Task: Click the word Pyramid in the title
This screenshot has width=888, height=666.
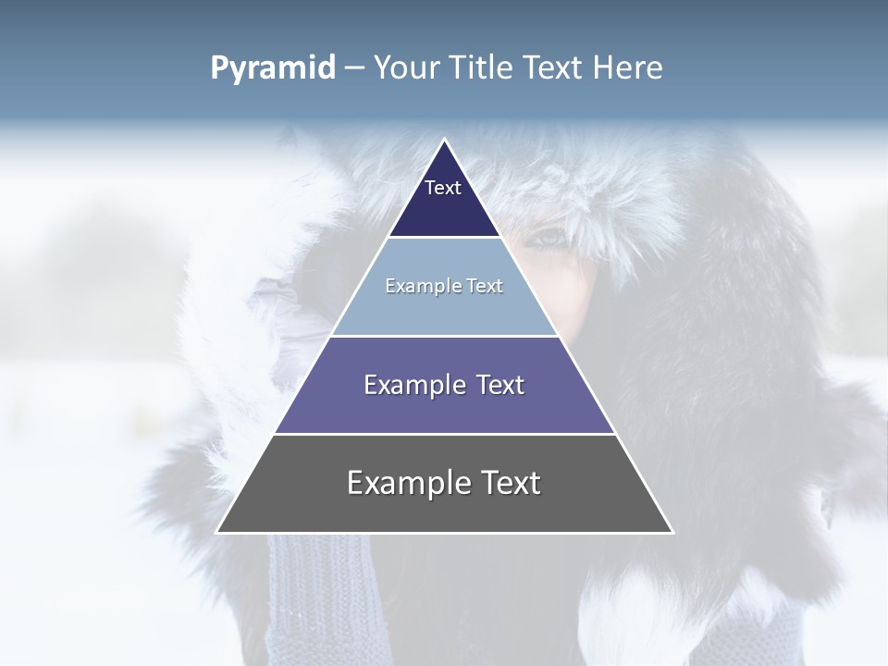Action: [272, 68]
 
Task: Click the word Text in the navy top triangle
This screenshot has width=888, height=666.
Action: [443, 188]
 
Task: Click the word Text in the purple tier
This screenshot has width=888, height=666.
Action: [499, 385]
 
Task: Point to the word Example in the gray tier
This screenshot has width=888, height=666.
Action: [408, 483]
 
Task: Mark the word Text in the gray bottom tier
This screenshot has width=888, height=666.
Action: [509, 483]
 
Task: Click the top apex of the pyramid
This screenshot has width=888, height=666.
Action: [444, 141]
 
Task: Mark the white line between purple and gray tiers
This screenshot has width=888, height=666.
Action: [444, 434]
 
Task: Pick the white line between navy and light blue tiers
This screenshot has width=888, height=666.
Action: [444, 237]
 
